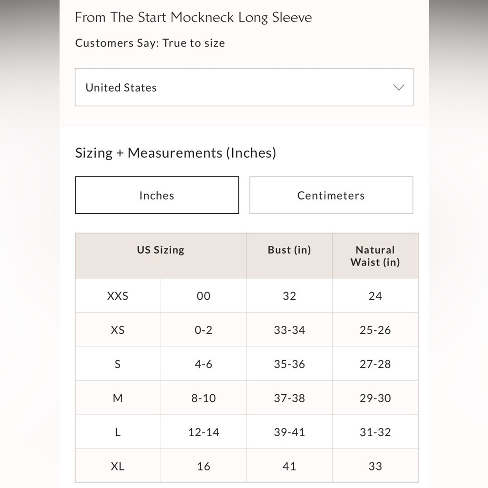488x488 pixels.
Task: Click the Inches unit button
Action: click(157, 195)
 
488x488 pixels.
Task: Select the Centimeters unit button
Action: click(331, 195)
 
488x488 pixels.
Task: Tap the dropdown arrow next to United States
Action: click(399, 87)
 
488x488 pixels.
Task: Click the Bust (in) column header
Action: click(289, 250)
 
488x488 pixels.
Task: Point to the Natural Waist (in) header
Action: click(375, 256)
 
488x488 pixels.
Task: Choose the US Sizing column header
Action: click(161, 250)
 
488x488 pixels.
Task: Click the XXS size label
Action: click(118, 296)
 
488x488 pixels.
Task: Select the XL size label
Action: click(118, 466)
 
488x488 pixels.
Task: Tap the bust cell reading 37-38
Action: click(289, 398)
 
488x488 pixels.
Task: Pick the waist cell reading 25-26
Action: click(375, 330)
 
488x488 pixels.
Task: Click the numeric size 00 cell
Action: click(203, 296)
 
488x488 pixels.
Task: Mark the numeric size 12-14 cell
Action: click(203, 432)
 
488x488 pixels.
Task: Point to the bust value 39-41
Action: click(289, 432)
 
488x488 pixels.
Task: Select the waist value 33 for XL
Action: click(375, 466)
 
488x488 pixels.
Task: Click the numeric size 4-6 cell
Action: click(203, 364)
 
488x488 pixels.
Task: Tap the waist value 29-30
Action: click(375, 398)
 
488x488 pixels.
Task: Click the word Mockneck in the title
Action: click(202, 18)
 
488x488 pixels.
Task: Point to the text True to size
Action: click(194, 43)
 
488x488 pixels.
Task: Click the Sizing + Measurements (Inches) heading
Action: click(176, 153)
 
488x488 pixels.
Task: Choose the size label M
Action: click(118, 398)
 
